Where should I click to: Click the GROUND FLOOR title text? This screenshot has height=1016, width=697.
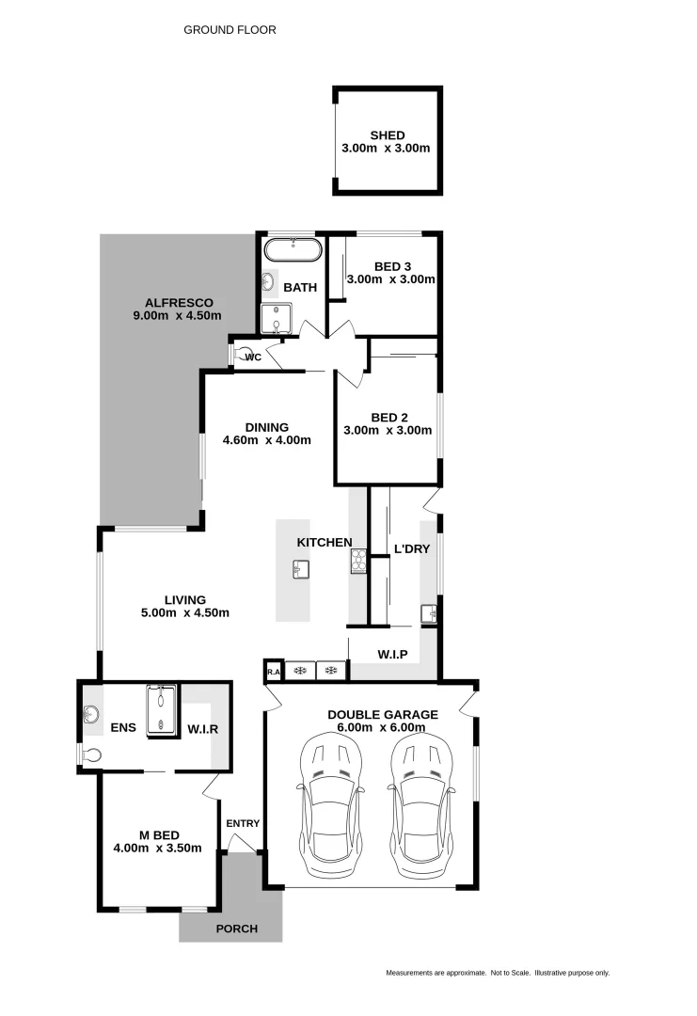tap(230, 30)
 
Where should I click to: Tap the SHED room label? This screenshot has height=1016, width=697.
tap(387, 135)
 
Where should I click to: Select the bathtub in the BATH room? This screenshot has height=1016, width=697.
tap(293, 250)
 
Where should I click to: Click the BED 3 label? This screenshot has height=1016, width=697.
tap(390, 266)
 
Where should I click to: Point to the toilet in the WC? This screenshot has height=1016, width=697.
tap(236, 355)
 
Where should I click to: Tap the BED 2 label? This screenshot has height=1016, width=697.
tap(387, 417)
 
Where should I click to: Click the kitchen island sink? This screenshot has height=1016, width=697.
tap(299, 569)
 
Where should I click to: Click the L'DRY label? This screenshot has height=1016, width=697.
tap(412, 548)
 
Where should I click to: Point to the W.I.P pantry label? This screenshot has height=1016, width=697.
tap(392, 652)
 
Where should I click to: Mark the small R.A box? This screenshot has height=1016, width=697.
tap(274, 671)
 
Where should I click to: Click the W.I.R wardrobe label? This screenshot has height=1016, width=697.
tap(203, 727)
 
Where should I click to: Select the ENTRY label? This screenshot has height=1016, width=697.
tap(243, 824)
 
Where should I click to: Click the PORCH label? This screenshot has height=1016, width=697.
tap(237, 929)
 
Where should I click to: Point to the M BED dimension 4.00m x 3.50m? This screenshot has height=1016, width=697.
tap(157, 848)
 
